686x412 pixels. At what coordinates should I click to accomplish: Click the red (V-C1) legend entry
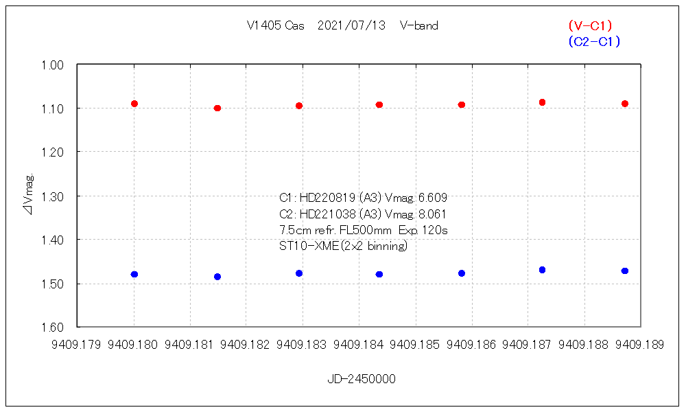coord(590,26)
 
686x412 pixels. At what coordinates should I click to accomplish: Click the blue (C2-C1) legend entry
coord(594,42)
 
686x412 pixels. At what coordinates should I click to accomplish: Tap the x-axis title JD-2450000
coord(361,379)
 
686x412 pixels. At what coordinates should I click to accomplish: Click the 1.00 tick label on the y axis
coord(53,65)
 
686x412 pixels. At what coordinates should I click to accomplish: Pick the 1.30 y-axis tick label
coord(53,196)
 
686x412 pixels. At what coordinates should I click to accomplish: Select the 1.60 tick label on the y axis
coord(53,328)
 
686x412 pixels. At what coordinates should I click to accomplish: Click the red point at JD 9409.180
coord(134,104)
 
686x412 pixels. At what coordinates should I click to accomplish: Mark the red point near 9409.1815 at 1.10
coord(217,108)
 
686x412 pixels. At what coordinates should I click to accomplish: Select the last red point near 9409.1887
coord(625,104)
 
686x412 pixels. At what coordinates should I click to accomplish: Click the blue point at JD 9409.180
coord(134,274)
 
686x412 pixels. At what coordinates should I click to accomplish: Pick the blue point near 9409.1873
coord(542,270)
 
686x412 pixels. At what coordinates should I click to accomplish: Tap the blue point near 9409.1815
coord(217,277)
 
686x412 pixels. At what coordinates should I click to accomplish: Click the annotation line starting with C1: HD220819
coord(364,198)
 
